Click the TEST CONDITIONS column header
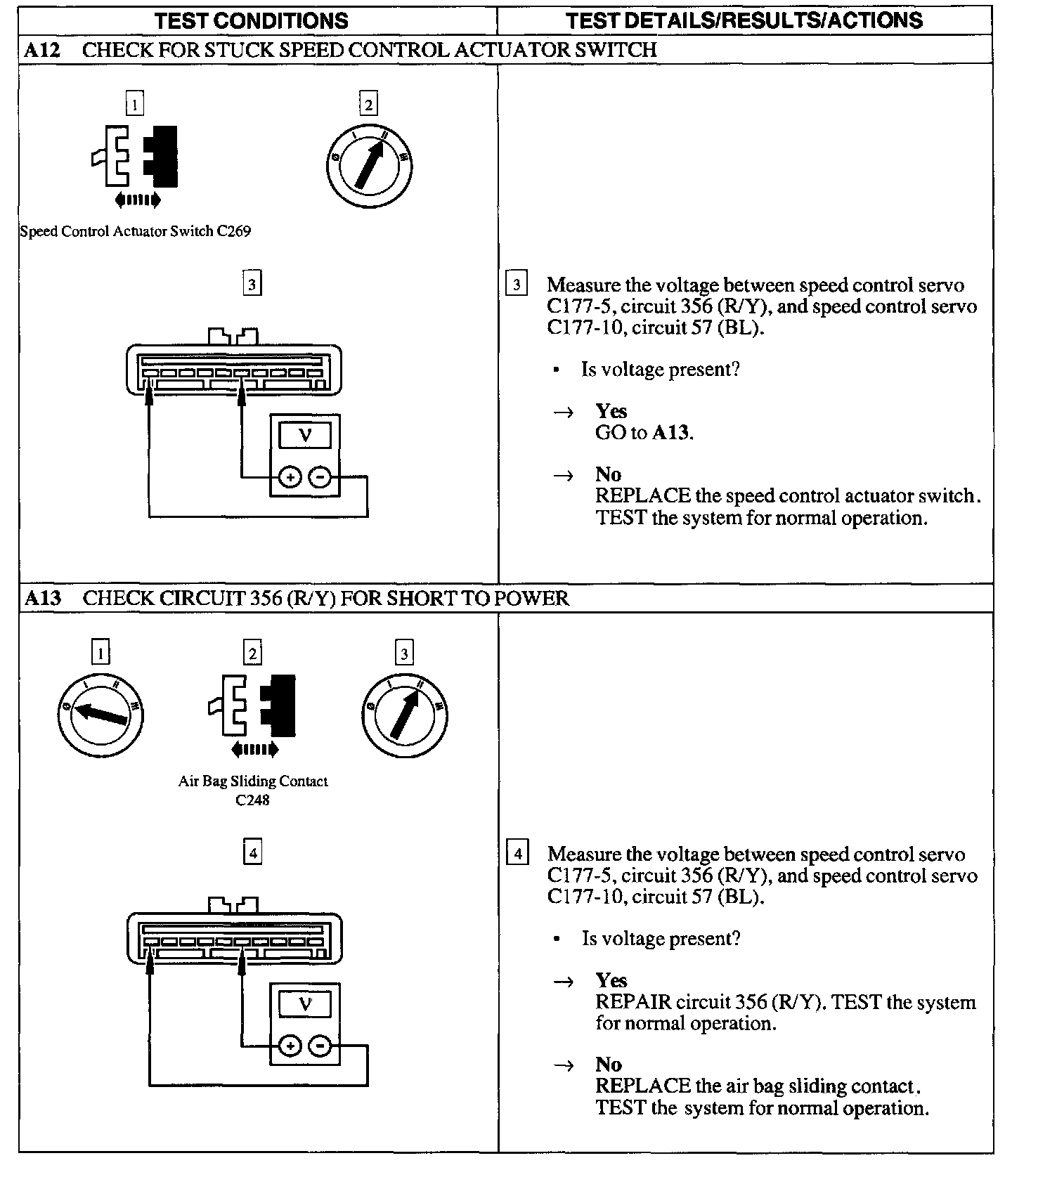[251, 20]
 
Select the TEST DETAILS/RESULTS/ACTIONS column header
[744, 20]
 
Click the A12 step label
[43, 50]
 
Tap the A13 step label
[43, 598]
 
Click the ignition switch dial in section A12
[370, 167]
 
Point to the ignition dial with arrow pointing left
[100, 715]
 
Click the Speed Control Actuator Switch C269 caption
[136, 231]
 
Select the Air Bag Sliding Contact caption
[253, 781]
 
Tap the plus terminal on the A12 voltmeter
[290, 479]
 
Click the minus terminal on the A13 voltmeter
[320, 1047]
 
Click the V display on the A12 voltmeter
[305, 436]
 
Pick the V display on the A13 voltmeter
[305, 1004]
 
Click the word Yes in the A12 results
[611, 411]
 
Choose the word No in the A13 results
[609, 1065]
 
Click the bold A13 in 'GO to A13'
[671, 433]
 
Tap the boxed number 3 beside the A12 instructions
[517, 285]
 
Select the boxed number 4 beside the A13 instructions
[518, 854]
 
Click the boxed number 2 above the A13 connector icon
[252, 653]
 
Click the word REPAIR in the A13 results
[633, 1002]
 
